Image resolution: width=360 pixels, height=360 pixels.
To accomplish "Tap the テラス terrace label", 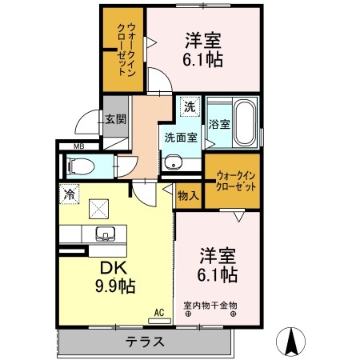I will [145, 342].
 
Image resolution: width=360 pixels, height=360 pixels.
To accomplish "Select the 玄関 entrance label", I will [114, 119].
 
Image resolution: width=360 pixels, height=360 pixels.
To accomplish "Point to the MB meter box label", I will [79, 146].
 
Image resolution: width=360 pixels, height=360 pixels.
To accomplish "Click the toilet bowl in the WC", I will [81, 167].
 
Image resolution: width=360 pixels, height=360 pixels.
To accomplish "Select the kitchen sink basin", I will [105, 235].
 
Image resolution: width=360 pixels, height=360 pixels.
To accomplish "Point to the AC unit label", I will [158, 312].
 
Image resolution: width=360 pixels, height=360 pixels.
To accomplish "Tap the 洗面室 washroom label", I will [181, 138].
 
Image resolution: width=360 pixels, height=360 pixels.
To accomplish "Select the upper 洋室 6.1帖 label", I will [205, 50].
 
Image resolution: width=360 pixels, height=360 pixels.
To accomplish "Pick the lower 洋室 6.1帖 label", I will [218, 266].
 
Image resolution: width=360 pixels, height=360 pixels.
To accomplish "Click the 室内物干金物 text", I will [210, 305].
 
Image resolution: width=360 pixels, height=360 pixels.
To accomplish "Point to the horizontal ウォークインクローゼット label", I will [235, 179].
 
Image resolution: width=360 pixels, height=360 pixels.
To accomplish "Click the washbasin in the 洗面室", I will [174, 162].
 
